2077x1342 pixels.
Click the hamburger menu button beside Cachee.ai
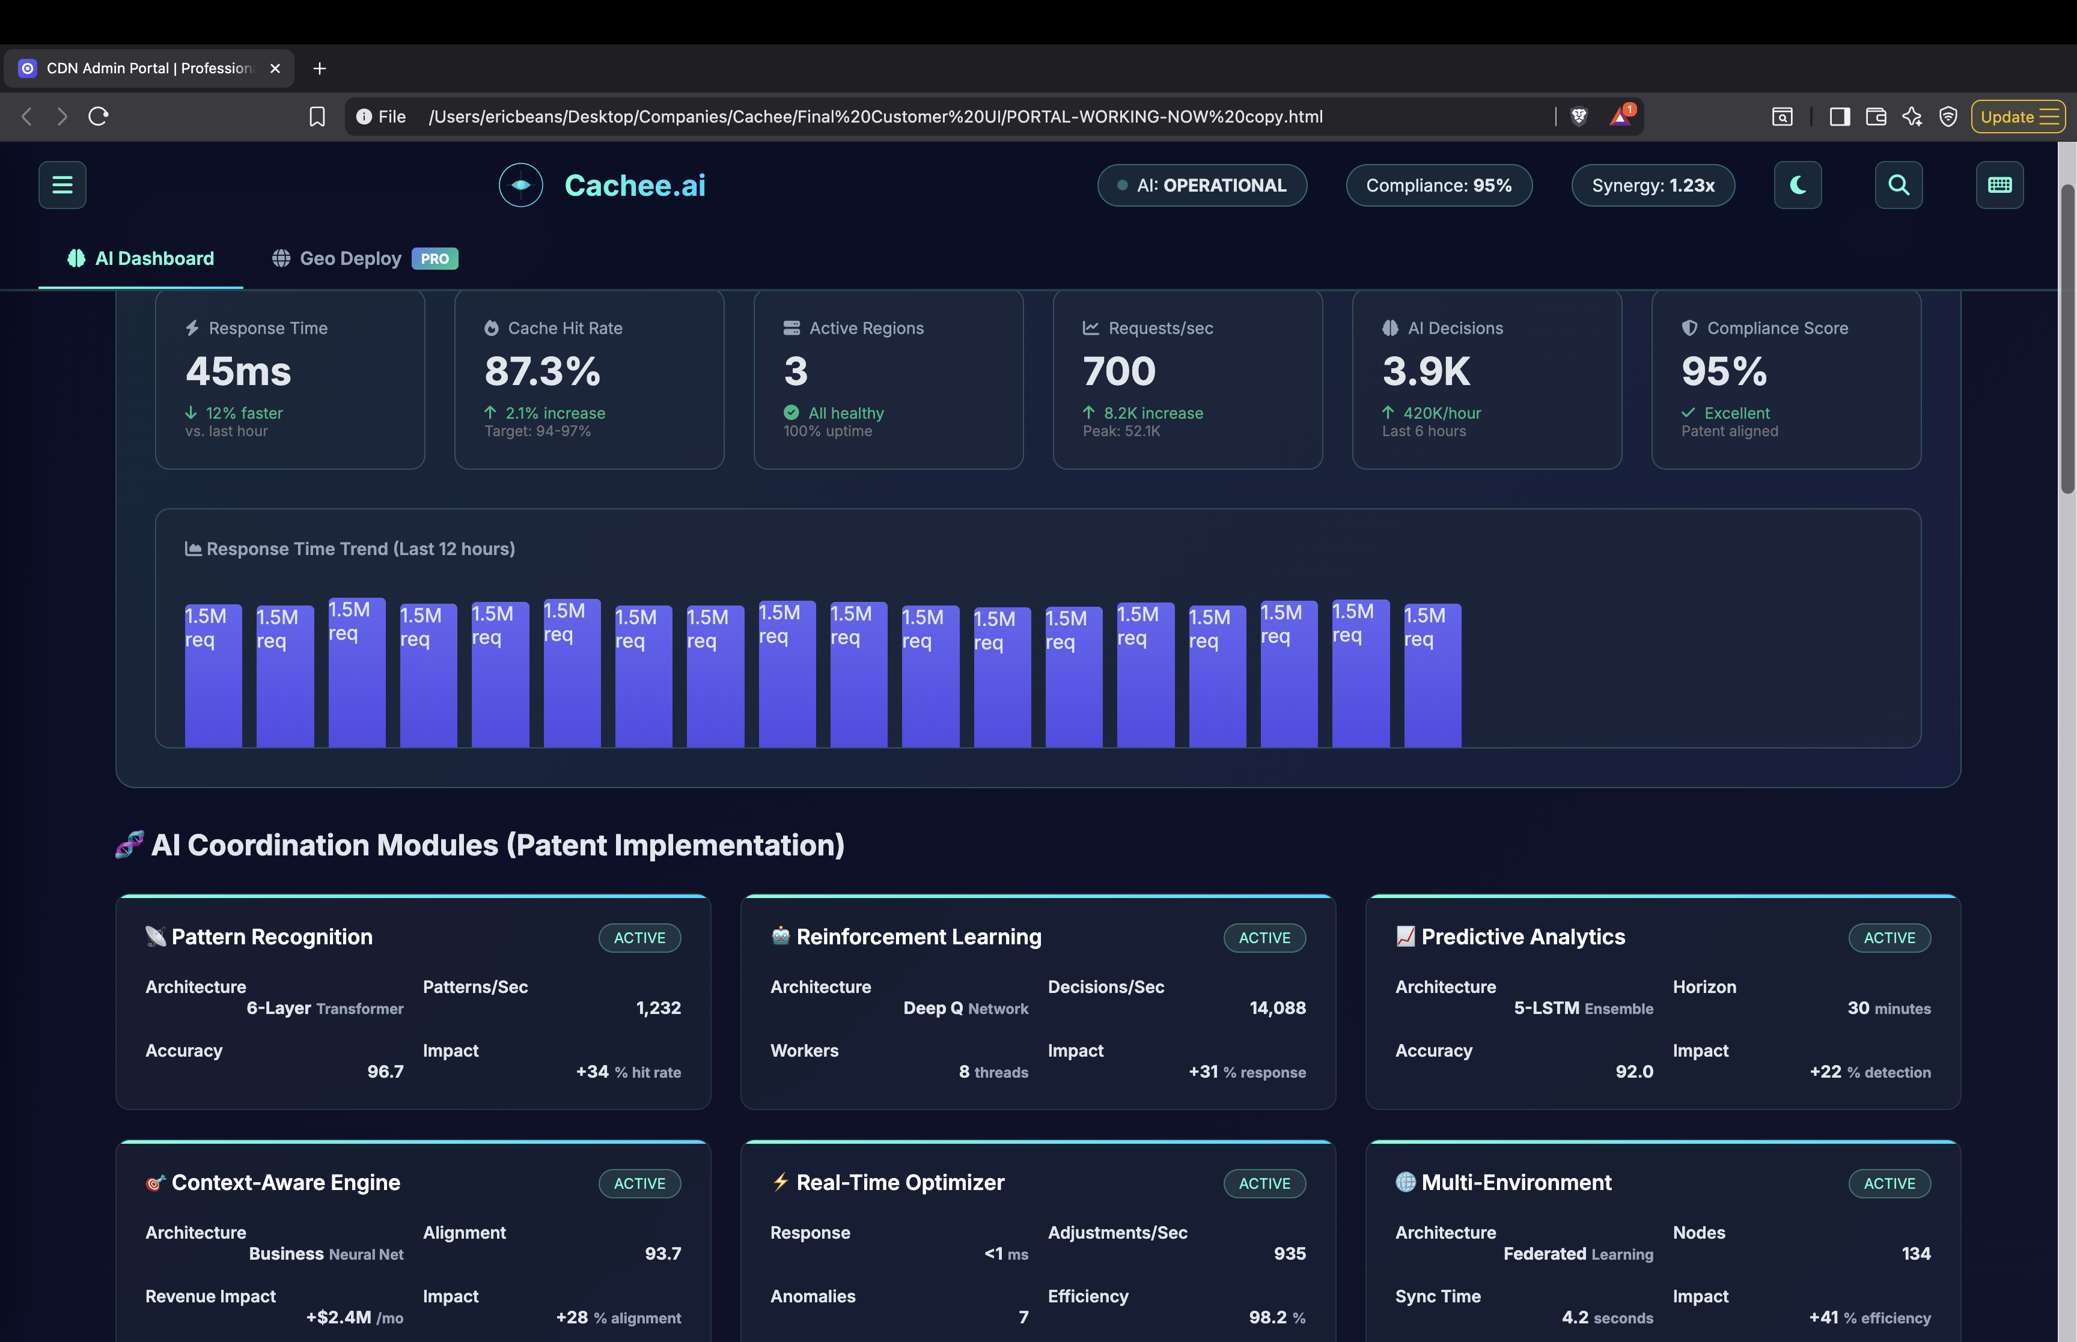coord(62,185)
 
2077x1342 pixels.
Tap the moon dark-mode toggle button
coord(1797,185)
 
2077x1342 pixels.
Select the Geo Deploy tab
coord(350,259)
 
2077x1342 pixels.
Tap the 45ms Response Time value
coord(238,372)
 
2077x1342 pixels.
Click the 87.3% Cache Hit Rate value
coord(542,372)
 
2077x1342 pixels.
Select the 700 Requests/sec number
coord(1118,372)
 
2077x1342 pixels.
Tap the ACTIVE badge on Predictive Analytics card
coord(1889,938)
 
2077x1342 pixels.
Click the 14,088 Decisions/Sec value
coord(1277,1008)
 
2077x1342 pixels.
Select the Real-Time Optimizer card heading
coord(900,1183)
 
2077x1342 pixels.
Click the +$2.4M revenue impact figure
coord(338,1317)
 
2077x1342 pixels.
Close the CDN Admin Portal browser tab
coord(275,68)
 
